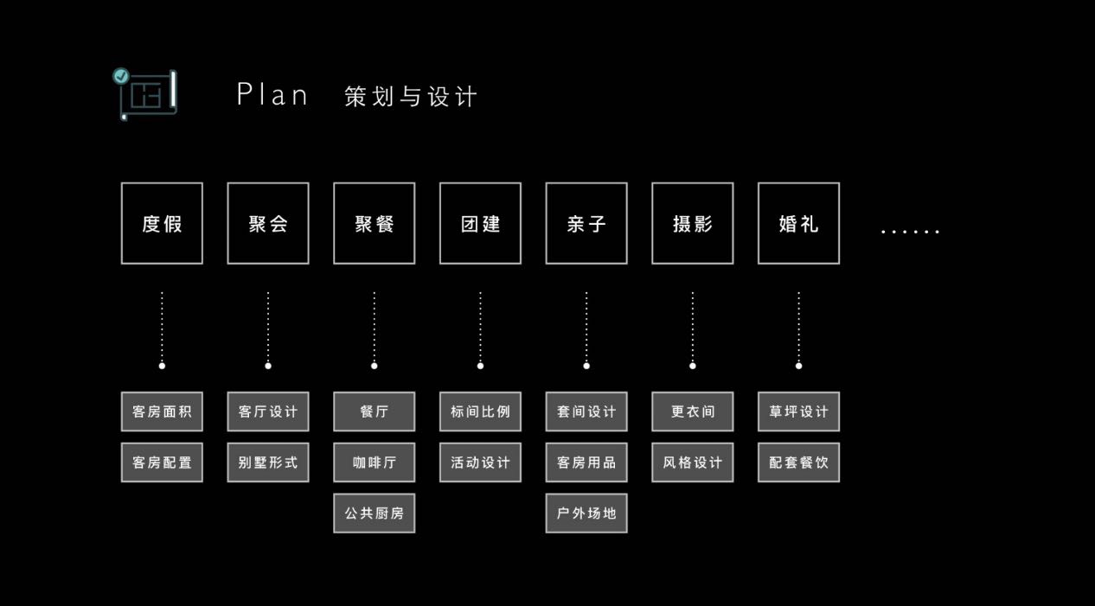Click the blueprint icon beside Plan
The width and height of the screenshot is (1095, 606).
click(148, 93)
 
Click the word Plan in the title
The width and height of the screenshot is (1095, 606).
click(272, 95)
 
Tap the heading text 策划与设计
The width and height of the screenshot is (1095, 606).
click(410, 96)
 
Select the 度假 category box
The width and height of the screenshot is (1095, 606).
click(162, 223)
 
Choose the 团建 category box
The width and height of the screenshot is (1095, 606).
click(480, 223)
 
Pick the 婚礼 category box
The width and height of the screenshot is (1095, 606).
click(798, 223)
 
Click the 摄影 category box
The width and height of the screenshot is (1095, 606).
click(692, 223)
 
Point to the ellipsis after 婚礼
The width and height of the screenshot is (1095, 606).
click(910, 231)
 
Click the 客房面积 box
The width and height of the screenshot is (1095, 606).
click(162, 411)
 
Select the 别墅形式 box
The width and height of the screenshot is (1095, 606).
click(268, 462)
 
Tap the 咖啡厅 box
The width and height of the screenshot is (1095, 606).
click(374, 462)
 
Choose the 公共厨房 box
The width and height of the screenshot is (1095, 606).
click(374, 514)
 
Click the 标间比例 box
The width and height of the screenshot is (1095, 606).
click(480, 411)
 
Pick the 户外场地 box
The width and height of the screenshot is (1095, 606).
click(586, 514)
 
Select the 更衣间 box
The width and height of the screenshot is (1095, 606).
click(692, 411)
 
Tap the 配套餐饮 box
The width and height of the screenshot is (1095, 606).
click(798, 462)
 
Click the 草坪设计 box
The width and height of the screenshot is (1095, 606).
click(798, 411)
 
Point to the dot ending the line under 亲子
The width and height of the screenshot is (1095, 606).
click(586, 366)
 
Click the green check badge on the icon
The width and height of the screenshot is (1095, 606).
click(121, 76)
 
